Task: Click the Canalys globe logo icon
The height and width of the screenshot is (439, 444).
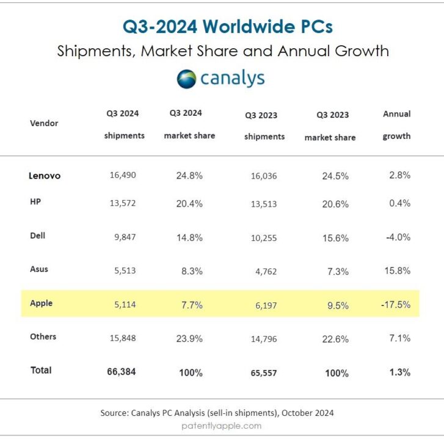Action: click(186, 79)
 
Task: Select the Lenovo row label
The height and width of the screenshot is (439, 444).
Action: click(45, 176)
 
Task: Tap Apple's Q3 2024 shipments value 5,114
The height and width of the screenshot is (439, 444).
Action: click(125, 304)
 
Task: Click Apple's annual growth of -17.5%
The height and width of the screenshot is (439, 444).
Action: click(396, 304)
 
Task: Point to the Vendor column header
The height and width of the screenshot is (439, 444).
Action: click(44, 123)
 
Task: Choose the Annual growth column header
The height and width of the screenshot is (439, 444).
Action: click(396, 125)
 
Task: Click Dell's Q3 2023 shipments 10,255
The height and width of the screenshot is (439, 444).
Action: click(264, 238)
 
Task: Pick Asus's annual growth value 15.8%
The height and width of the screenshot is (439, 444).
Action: click(397, 271)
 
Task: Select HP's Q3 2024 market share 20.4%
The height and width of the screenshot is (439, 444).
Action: click(189, 204)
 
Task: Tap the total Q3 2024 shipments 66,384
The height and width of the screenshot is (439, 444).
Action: click(122, 371)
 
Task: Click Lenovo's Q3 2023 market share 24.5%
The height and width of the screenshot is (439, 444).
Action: click(335, 176)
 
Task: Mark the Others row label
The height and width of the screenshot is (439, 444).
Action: click(43, 337)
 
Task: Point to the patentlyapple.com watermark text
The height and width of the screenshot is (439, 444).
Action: click(222, 426)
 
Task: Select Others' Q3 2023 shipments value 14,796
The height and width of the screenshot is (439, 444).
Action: click(264, 339)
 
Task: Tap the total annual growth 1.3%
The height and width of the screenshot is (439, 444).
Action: click(400, 372)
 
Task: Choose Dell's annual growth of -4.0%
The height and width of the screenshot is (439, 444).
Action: click(398, 237)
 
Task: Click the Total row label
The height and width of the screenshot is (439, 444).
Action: click(41, 370)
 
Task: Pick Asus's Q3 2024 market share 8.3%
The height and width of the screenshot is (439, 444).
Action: click(192, 271)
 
